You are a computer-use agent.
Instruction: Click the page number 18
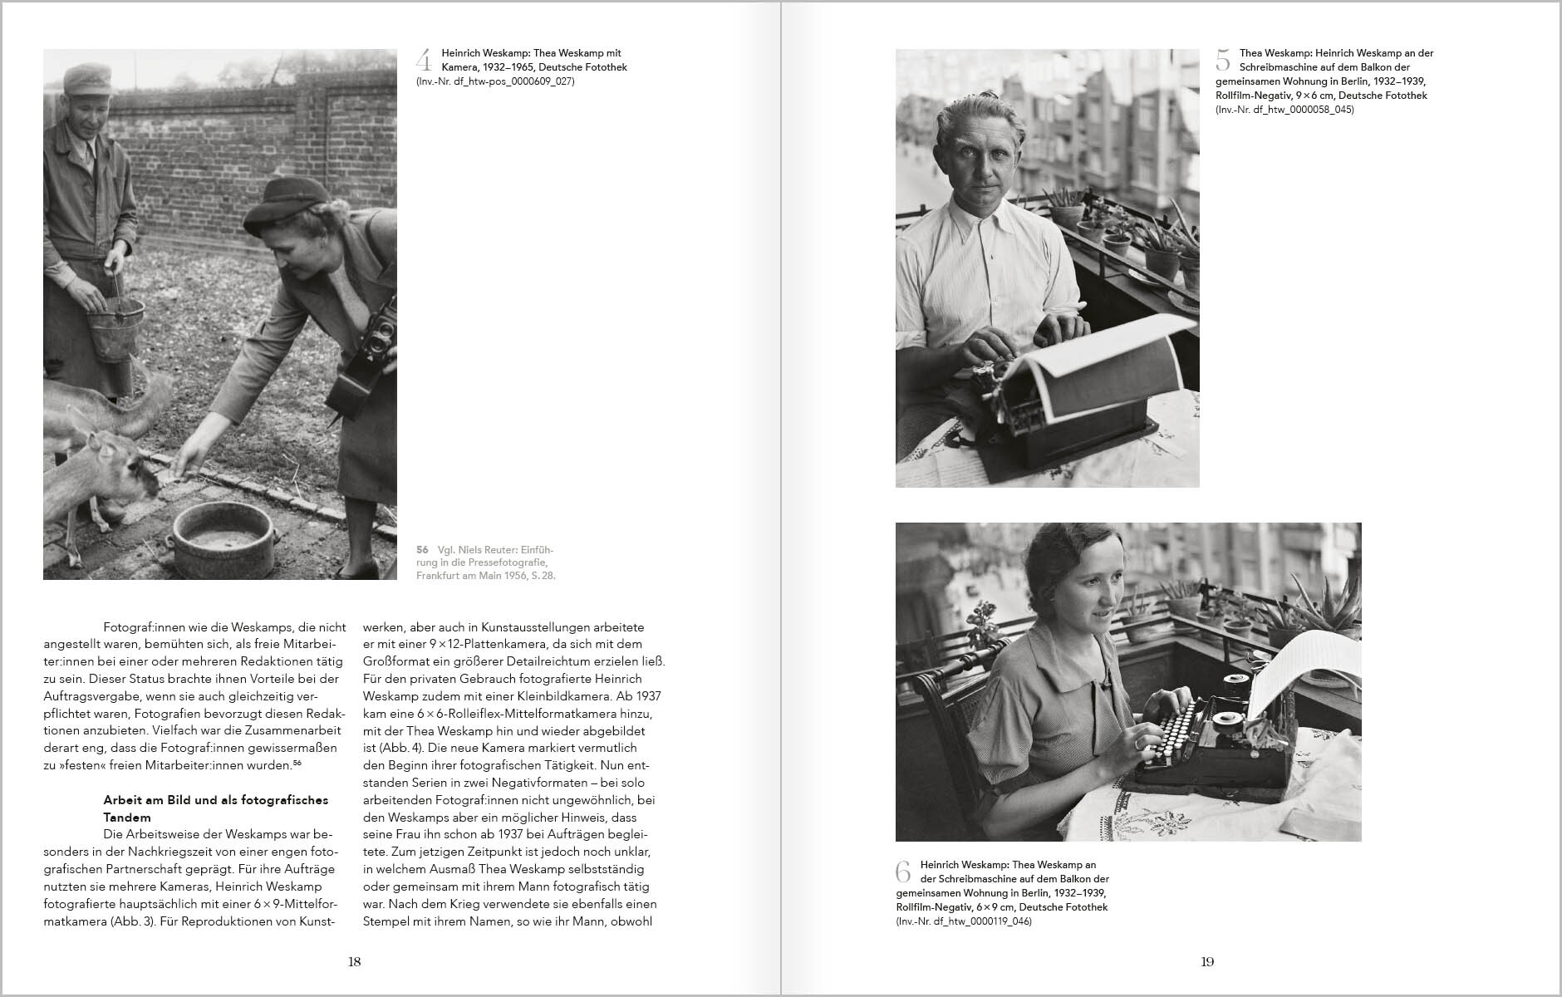pyautogui.click(x=354, y=962)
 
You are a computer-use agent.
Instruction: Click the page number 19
pyautogui.click(x=1207, y=962)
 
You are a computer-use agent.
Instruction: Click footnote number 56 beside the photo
pyautogui.click(x=422, y=550)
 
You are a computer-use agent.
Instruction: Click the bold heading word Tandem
pyautogui.click(x=127, y=818)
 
